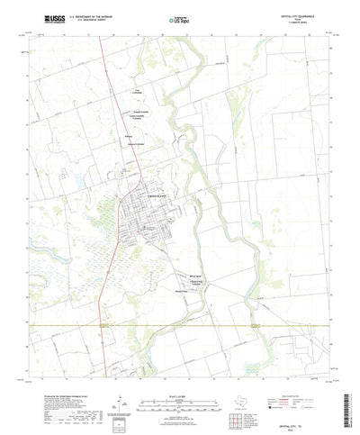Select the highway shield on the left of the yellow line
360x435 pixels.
[x=106, y=322]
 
